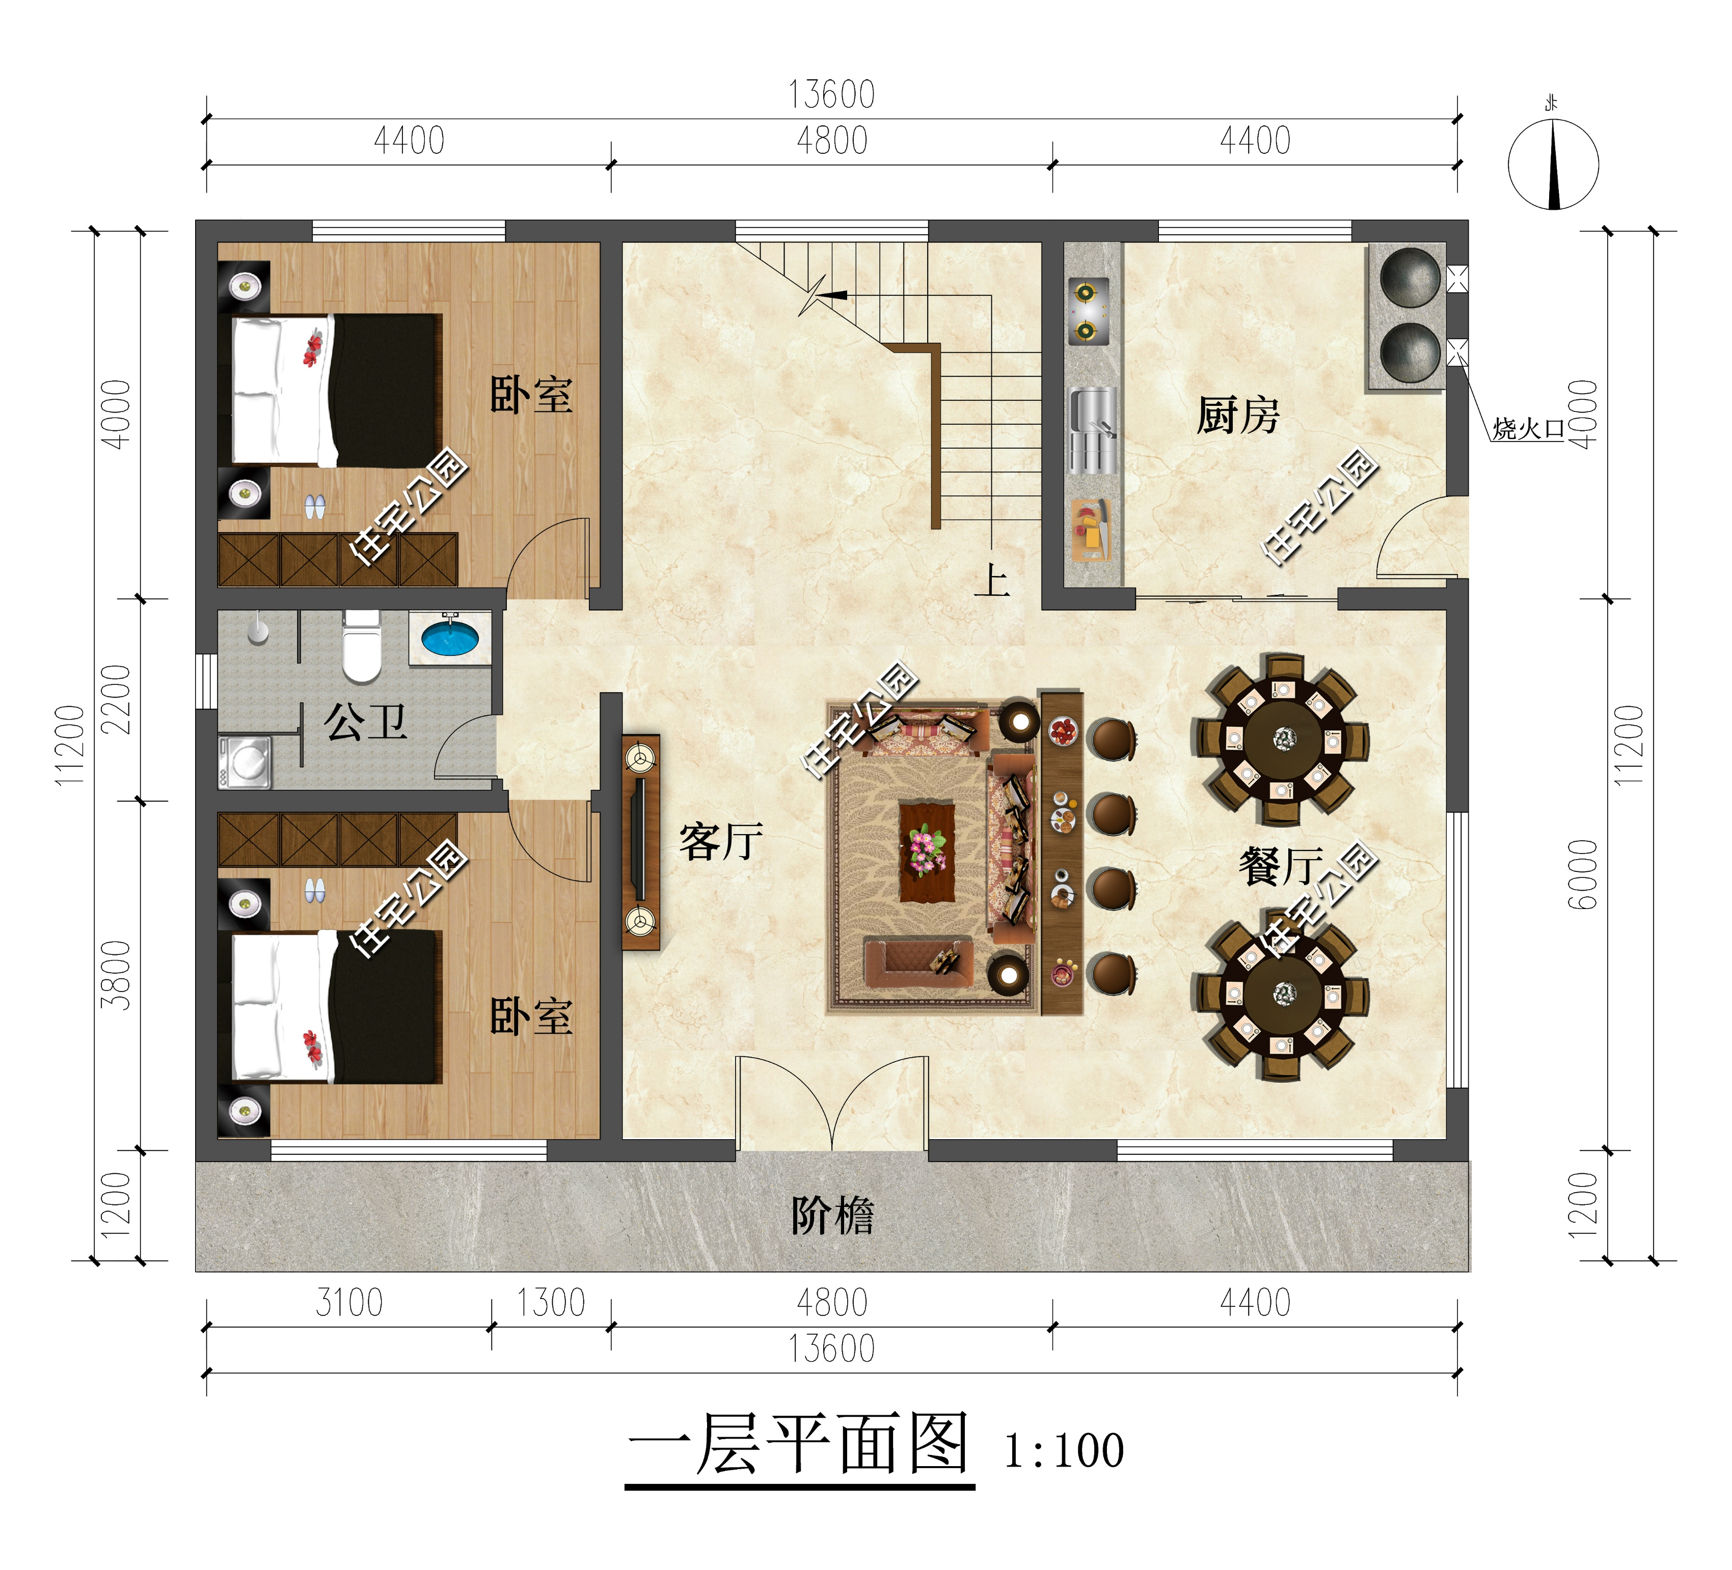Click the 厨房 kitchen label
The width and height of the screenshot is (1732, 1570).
pos(1238,416)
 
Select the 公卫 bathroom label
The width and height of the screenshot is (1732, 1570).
pos(365,722)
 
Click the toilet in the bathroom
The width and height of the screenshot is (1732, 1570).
pos(362,644)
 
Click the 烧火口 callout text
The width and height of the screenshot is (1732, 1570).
pos(1528,429)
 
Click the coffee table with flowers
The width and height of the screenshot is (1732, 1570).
pos(926,851)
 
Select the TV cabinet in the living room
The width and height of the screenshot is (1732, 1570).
pos(641,842)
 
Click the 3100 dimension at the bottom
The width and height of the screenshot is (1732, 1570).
pos(349,1303)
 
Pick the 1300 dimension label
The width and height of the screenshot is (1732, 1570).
pos(551,1303)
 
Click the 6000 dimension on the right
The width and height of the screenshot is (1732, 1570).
pos(1583,874)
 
